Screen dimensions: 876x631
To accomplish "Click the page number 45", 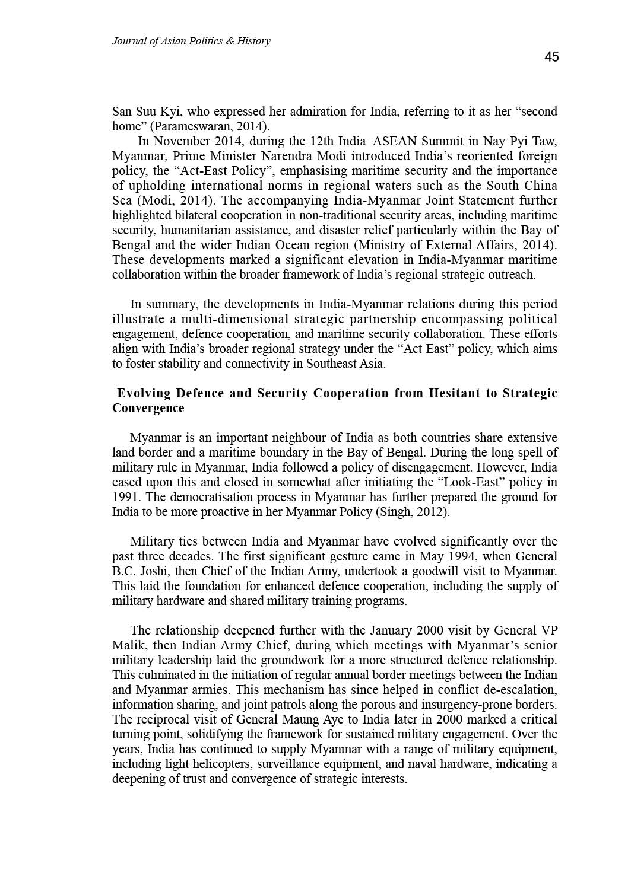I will click(x=551, y=57).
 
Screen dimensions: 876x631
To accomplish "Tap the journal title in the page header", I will click(x=191, y=41).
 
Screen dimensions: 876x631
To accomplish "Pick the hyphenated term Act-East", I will click(x=195, y=171).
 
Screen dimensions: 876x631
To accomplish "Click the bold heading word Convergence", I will click(x=148, y=408).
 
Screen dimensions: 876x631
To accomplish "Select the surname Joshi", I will click(x=154, y=571).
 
